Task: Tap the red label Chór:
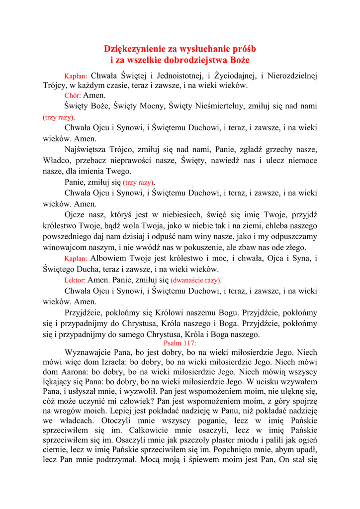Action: tap(73, 95)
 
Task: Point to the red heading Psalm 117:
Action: tap(180, 343)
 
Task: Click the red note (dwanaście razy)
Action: tap(196, 280)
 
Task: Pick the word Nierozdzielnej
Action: tap(292, 76)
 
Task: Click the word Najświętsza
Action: tap(88, 149)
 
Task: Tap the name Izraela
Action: tap(112, 362)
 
